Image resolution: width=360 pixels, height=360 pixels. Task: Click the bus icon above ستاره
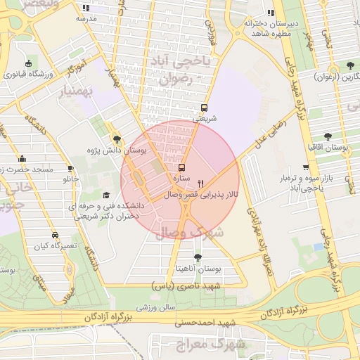coord(182,168)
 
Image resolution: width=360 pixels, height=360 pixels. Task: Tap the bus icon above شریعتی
coord(204,108)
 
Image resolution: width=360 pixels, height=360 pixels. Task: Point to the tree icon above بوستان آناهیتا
coord(198,257)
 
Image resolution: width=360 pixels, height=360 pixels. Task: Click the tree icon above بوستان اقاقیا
coord(328,137)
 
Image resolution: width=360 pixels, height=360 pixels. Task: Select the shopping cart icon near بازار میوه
coord(305,167)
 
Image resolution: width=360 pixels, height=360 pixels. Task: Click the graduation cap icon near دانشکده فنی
coord(106,195)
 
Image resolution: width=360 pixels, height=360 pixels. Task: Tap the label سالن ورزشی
coord(156,307)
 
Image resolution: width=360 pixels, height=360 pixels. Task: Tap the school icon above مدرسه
coord(86,8)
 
